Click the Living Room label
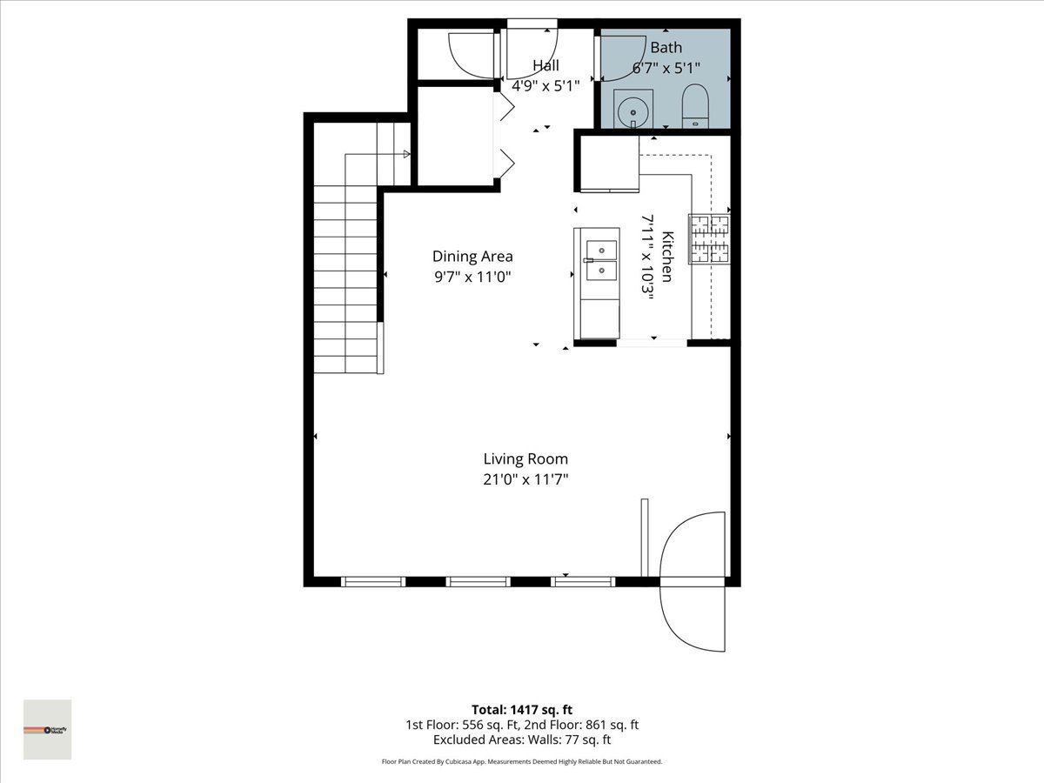(x=525, y=458)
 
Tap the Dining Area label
(x=472, y=256)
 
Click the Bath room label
(x=666, y=48)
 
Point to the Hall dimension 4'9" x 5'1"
(x=545, y=85)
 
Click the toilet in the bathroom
(x=695, y=106)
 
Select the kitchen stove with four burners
(x=709, y=238)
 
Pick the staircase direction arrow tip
(x=406, y=155)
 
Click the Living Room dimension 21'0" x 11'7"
(x=525, y=479)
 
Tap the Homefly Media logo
(x=47, y=729)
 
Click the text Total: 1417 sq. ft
(x=522, y=709)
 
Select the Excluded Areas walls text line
(x=522, y=739)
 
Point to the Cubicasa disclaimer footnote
(x=522, y=761)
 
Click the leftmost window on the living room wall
(x=372, y=581)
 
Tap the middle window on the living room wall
(x=478, y=581)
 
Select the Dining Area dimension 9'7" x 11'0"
(x=472, y=277)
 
